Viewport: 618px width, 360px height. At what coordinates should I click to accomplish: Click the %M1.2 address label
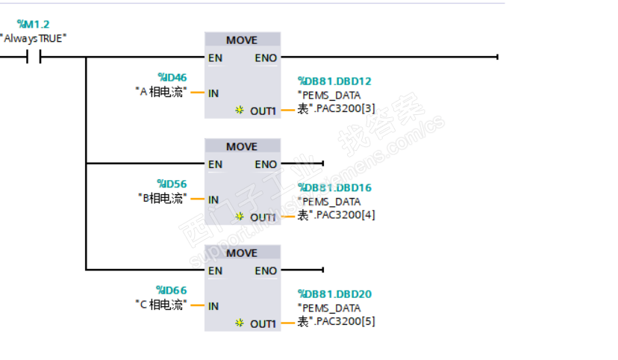click(x=33, y=25)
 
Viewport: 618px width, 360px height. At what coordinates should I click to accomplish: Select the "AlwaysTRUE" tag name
click(x=34, y=38)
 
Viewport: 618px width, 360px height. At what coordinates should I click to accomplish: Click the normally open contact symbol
click(x=34, y=57)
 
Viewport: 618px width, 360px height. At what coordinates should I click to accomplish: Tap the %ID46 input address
click(x=172, y=77)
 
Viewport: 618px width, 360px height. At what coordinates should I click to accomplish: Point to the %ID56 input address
click(x=172, y=184)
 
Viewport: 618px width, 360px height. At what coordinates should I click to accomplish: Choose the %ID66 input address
click(x=172, y=291)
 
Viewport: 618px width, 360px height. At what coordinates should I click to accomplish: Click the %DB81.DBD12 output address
click(x=334, y=81)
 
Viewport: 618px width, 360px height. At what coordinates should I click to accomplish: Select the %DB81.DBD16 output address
click(x=334, y=188)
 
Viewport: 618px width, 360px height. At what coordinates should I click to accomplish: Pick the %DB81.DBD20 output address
click(x=334, y=294)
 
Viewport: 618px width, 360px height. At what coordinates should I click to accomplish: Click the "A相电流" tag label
click(x=160, y=92)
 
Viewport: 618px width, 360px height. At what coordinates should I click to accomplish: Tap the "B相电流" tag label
click(x=160, y=199)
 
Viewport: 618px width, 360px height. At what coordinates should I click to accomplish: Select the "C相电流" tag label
click(x=160, y=305)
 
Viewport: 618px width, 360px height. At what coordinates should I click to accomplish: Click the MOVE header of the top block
click(x=242, y=40)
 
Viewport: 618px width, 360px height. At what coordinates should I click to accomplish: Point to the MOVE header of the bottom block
click(x=242, y=253)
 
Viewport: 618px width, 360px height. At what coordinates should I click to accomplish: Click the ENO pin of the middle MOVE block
click(x=266, y=164)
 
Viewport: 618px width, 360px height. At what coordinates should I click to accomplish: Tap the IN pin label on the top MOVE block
click(x=213, y=93)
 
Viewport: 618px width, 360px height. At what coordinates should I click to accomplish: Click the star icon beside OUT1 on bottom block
click(x=240, y=323)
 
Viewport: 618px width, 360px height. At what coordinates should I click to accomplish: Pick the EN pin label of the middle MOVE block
click(x=215, y=164)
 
